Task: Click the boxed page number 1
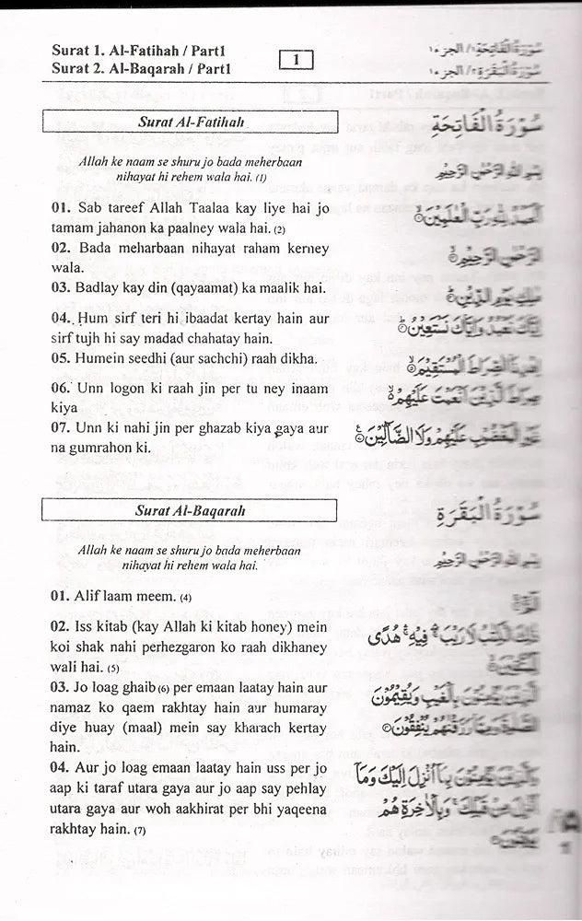296,61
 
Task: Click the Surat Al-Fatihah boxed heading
191,121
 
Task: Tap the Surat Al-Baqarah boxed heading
191,510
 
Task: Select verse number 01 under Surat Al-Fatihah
61,209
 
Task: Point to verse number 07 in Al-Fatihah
61,428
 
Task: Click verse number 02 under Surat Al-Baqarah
61,625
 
